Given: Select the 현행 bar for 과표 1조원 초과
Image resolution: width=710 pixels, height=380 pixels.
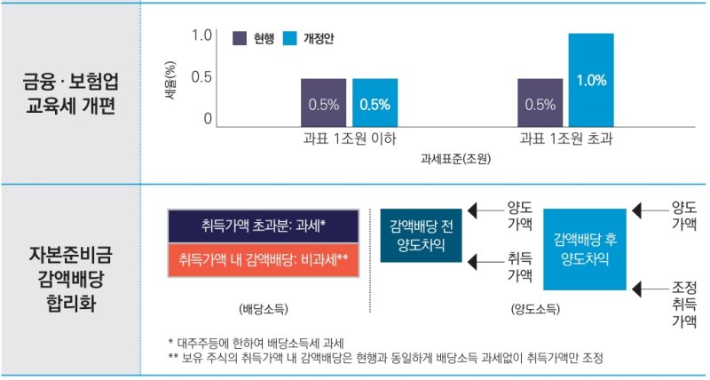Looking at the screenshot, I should coord(540,103).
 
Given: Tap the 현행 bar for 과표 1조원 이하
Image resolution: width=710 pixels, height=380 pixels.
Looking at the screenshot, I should coord(323,103).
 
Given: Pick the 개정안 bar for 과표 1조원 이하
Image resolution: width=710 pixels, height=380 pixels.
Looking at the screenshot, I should coord(375,103).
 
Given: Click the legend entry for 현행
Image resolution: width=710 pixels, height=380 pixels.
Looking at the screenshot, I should coord(250,38).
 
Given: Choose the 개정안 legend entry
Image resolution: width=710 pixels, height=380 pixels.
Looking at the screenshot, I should coord(307,38).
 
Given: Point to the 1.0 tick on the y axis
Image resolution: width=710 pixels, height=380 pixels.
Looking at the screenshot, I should coord(201,36).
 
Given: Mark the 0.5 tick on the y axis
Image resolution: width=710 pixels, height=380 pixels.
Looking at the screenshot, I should coord(201,77).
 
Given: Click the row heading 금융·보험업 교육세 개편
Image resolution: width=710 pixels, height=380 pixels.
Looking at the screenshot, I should coord(69,91).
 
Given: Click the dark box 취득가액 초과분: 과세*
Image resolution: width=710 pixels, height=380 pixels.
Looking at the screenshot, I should coord(263,226).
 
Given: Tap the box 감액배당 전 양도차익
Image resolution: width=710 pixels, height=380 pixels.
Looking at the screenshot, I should coord(421,235).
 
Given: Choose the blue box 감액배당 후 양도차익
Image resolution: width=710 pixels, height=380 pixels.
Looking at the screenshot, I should coord(585,249).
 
